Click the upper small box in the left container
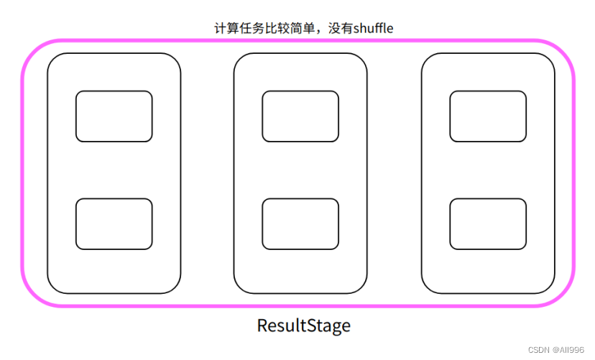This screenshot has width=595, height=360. click(x=114, y=116)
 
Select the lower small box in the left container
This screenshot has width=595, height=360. click(x=114, y=223)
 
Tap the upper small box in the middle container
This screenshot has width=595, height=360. click(x=300, y=116)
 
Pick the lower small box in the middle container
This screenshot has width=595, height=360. click(x=300, y=223)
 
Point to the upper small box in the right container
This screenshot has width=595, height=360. click(x=487, y=116)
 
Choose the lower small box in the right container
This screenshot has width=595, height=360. click(x=487, y=223)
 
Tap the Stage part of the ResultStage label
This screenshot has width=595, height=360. click(x=326, y=326)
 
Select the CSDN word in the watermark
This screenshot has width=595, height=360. click(x=538, y=349)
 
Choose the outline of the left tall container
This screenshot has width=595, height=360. click(x=47, y=172)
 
